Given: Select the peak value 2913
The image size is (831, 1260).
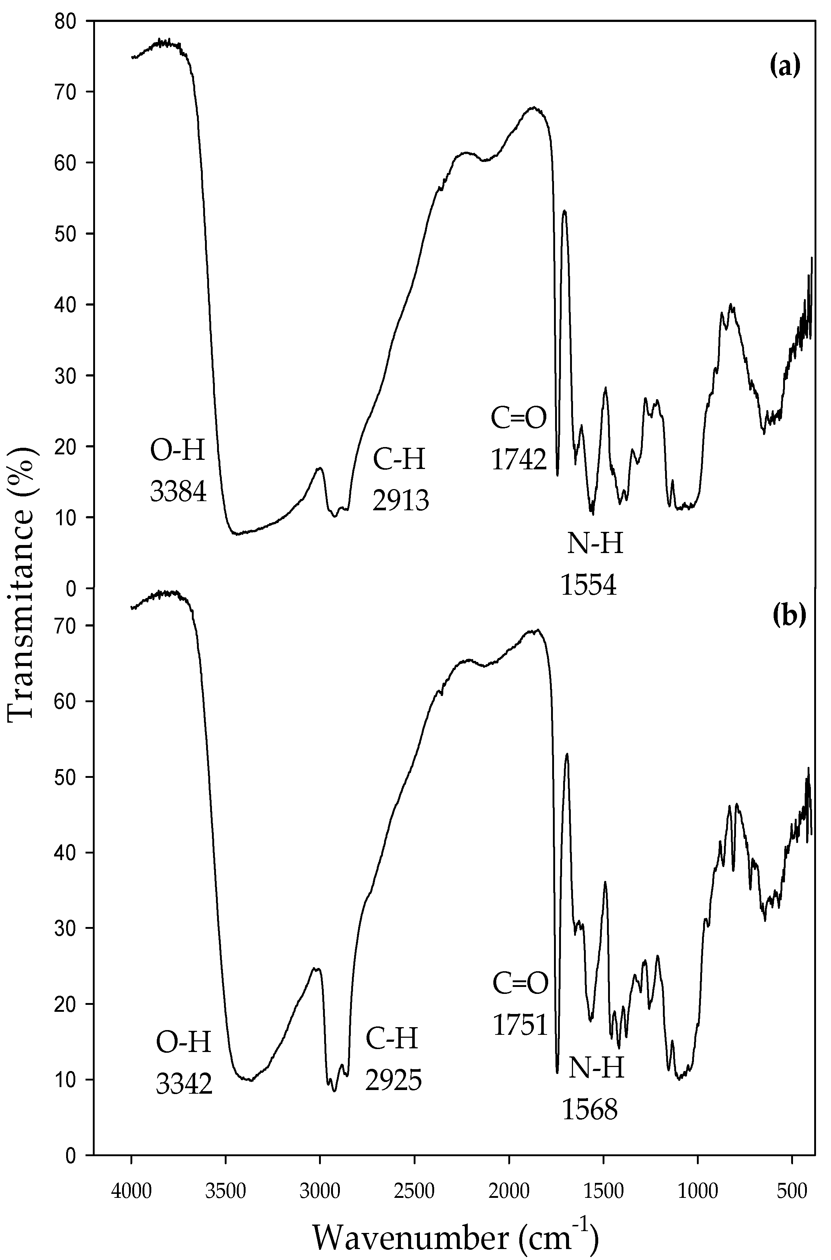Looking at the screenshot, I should pos(400,499).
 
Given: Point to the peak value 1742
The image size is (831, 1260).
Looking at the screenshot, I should pos(518,459).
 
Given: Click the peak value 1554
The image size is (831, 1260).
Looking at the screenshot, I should pos(589,585).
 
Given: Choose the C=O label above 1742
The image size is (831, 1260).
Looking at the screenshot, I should pos(518,419).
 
